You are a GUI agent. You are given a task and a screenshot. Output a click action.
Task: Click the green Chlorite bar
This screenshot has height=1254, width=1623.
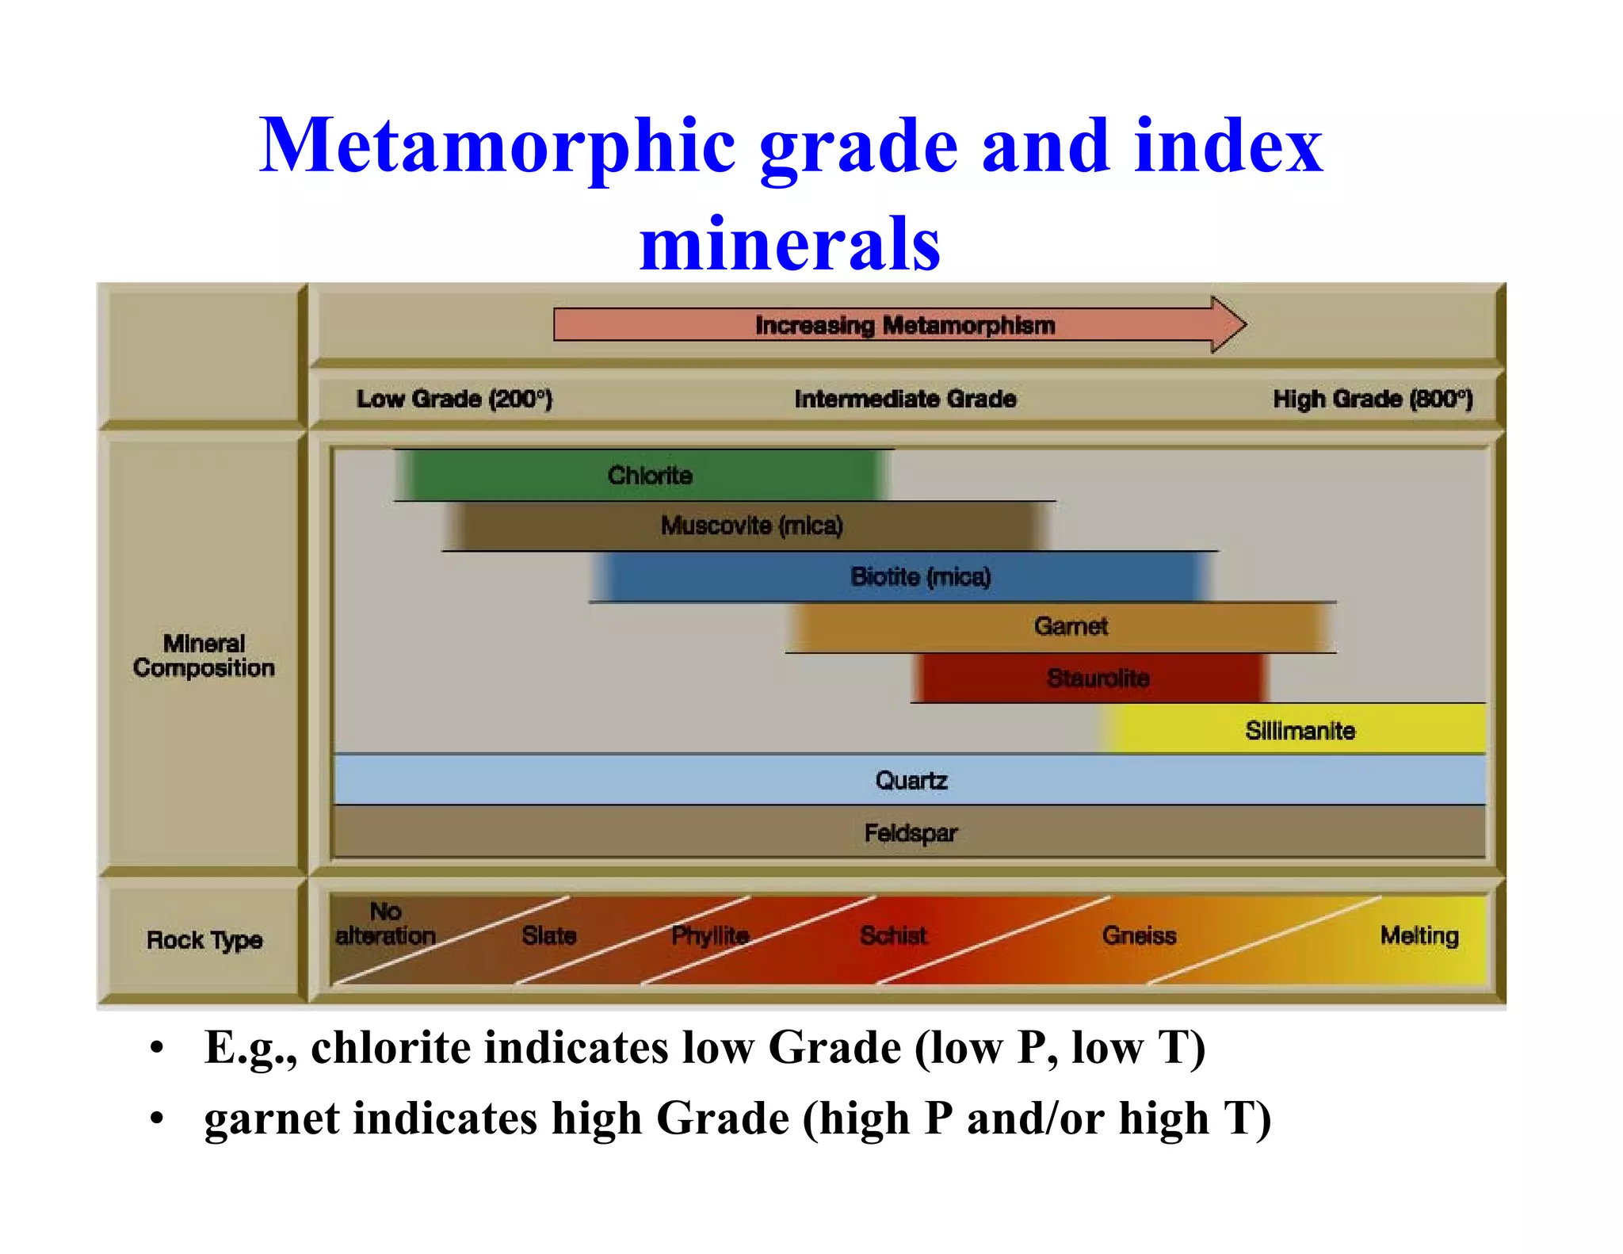pos(642,475)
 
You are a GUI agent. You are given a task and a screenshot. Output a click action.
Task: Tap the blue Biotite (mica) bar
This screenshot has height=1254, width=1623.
pos(903,576)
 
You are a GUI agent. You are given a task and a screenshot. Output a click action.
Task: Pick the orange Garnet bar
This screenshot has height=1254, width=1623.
pos(1062,627)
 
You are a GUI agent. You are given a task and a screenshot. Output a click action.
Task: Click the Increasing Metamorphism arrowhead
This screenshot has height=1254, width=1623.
pos(1228,324)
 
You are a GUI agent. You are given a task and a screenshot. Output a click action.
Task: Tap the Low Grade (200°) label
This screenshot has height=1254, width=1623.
pos(454,399)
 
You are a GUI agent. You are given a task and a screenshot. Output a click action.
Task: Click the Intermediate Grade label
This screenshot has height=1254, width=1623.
pos(905,399)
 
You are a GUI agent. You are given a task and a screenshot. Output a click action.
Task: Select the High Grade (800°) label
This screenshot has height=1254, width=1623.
pos(1373,399)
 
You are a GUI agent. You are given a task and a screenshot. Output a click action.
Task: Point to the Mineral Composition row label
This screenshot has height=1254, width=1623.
pos(204,656)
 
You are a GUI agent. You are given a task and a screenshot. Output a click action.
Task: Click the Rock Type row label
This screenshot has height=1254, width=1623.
pos(204,940)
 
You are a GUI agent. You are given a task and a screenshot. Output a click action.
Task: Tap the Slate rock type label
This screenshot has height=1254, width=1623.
pos(548,936)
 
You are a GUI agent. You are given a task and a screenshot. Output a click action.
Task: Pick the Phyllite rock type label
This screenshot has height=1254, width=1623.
pos(710,936)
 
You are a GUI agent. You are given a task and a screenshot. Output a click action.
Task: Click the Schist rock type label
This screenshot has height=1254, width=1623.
pos(893,936)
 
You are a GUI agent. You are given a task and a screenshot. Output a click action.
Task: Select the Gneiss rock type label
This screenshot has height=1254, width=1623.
pos(1139,936)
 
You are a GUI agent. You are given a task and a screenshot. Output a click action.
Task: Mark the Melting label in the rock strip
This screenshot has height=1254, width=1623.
pos(1419,936)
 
